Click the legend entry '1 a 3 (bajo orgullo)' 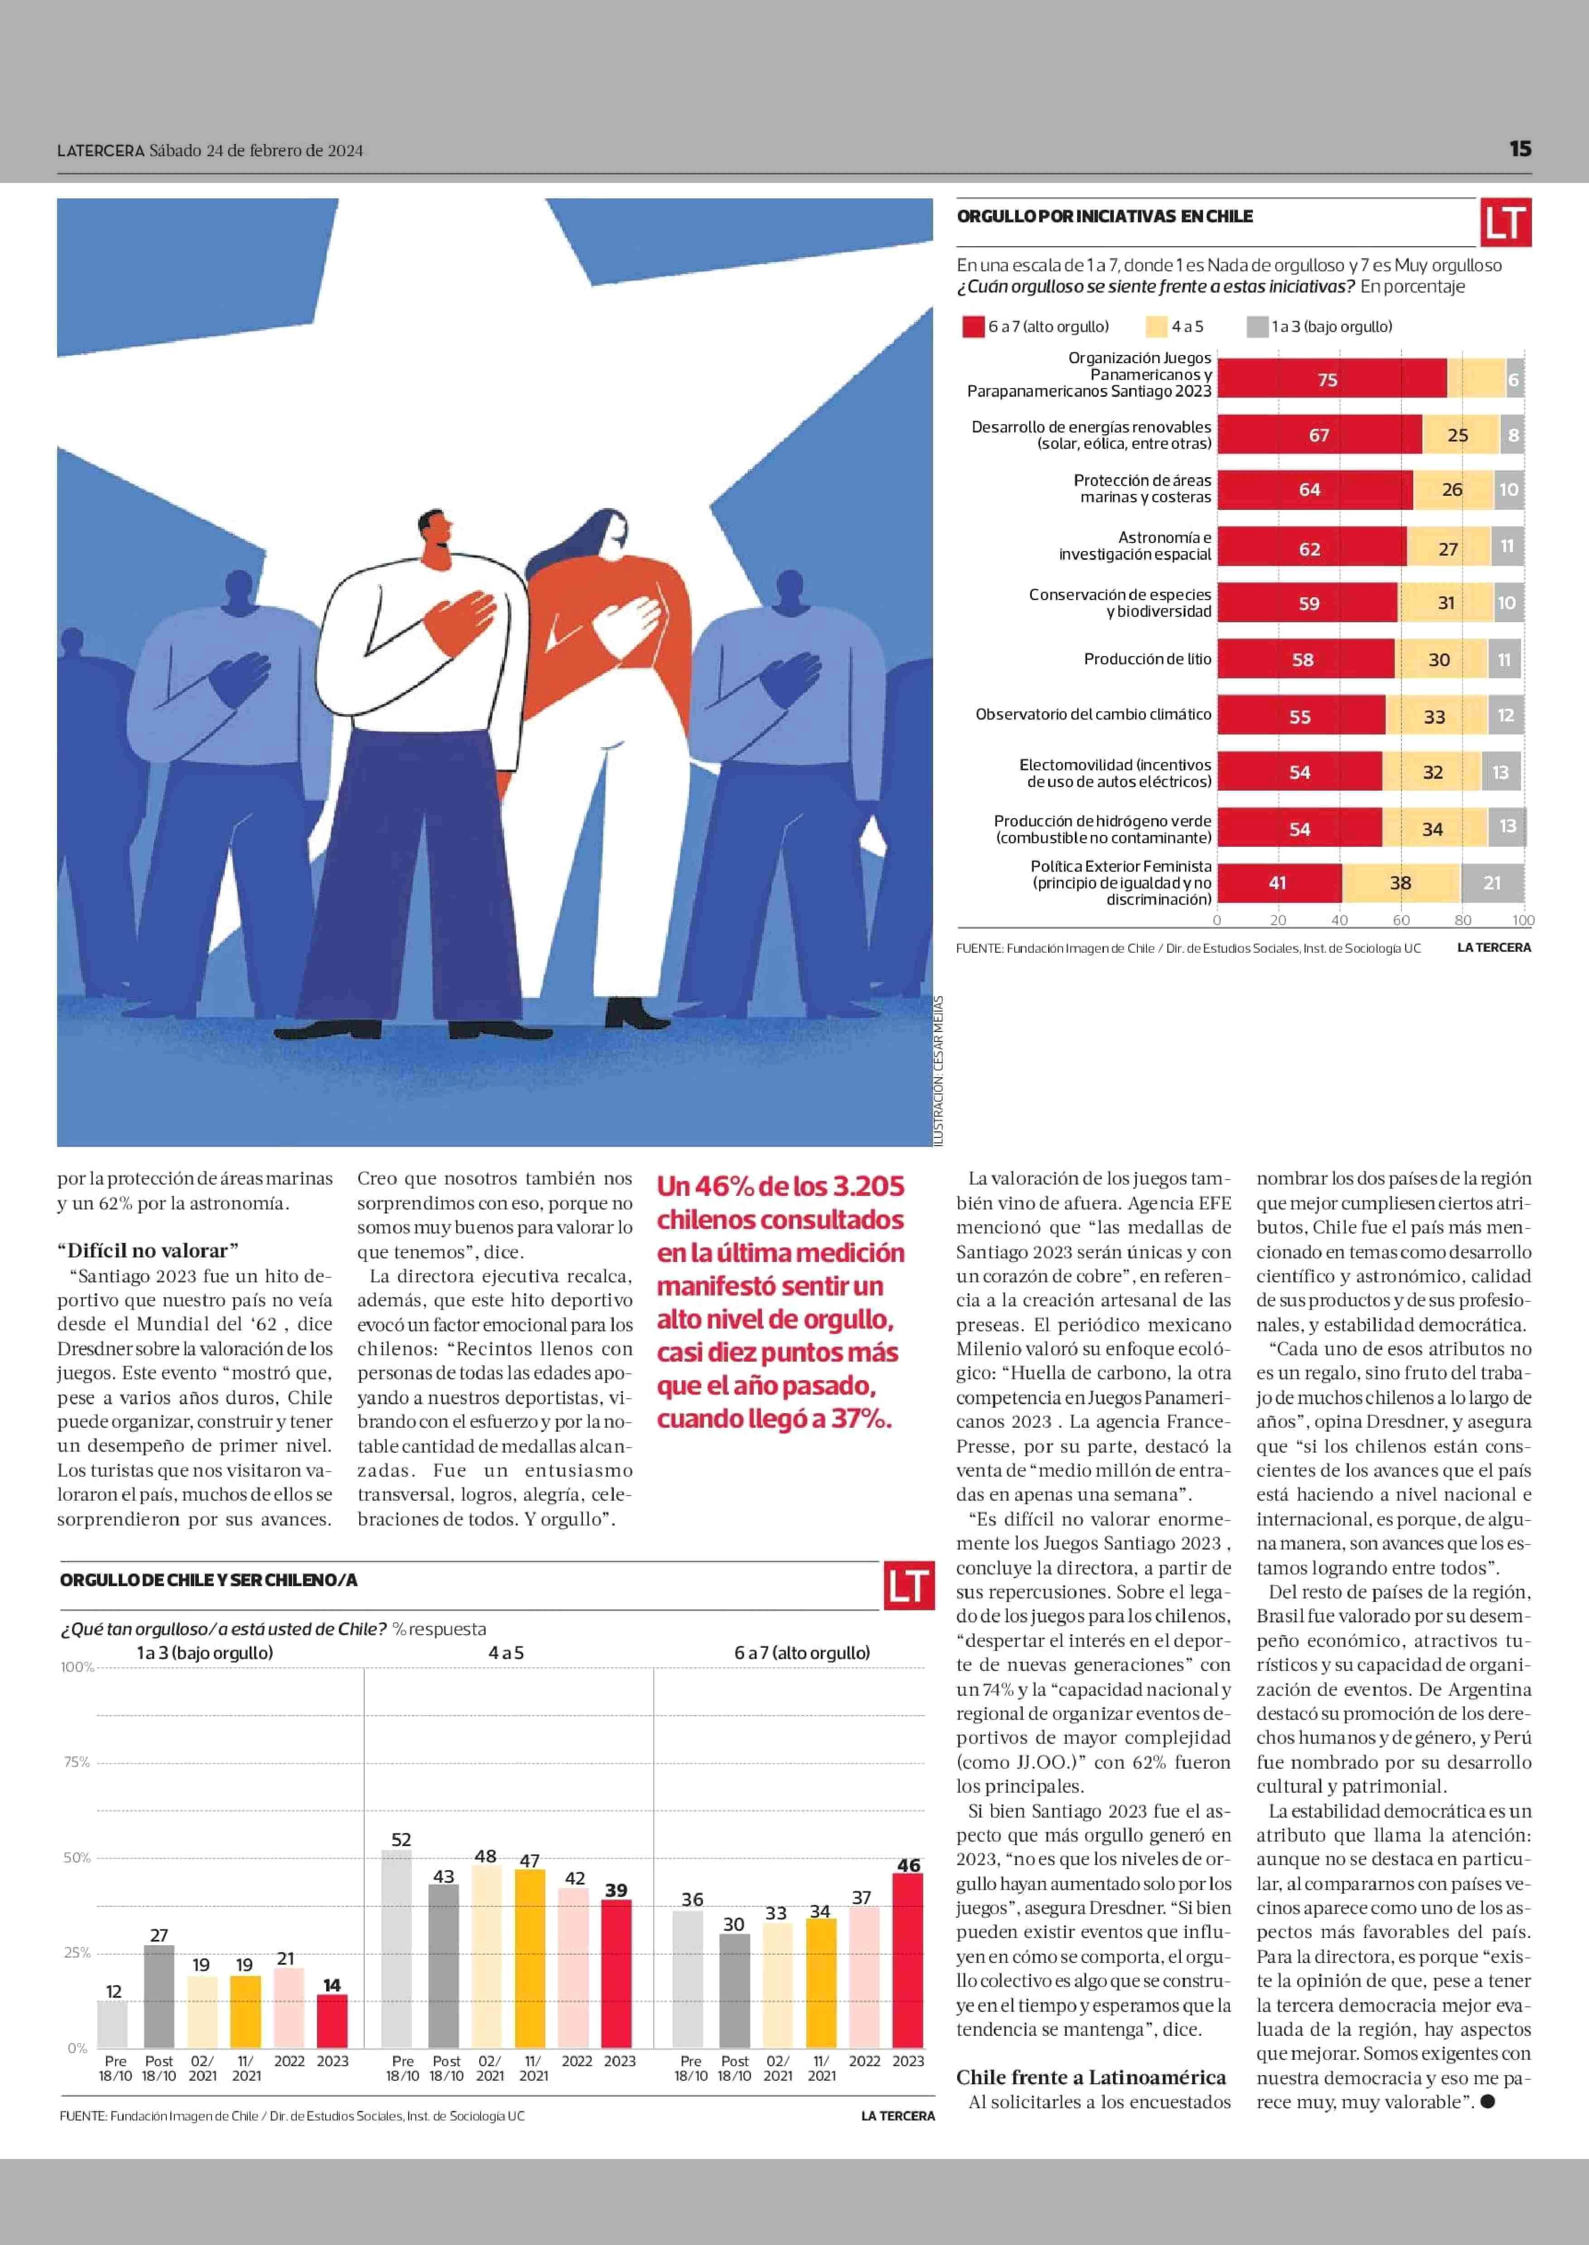[x=1320, y=327]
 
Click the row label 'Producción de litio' [x=1147, y=659]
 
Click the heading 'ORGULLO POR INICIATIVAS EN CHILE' [x=1105, y=216]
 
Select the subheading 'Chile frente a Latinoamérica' [x=1091, y=2078]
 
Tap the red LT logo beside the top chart [x=1505, y=223]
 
